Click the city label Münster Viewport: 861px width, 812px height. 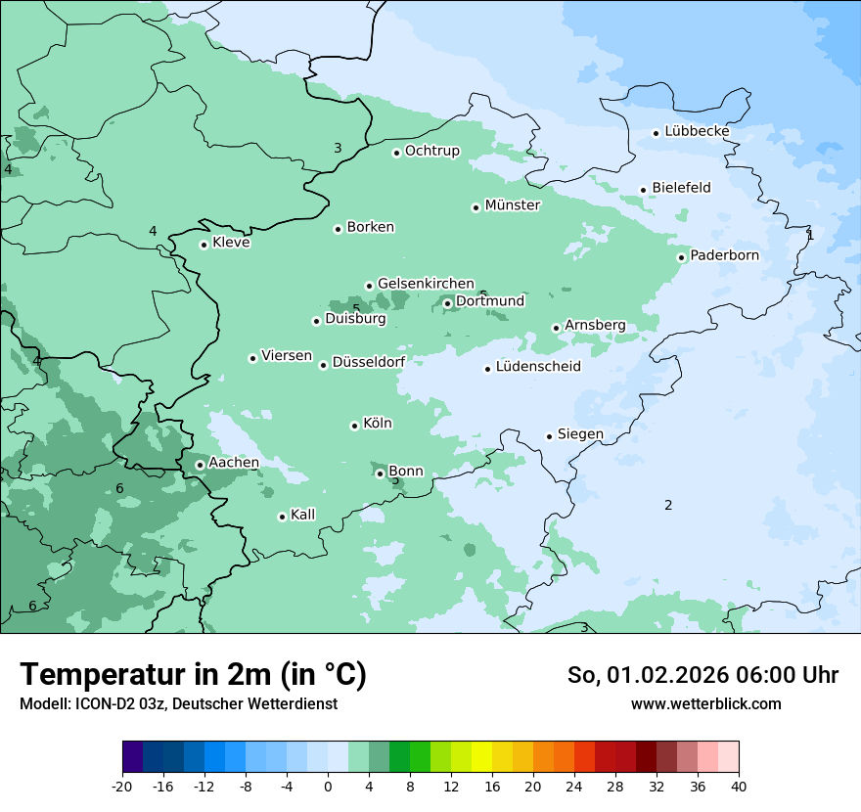coord(512,205)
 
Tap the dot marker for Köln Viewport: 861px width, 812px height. coord(354,426)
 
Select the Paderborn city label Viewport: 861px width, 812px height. coord(724,255)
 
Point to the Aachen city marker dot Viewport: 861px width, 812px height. coord(200,466)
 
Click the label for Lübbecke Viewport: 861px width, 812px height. coord(697,131)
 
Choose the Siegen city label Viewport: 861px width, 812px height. coord(580,434)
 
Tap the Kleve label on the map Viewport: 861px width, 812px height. coord(231,243)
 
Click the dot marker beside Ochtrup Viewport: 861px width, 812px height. coord(396,153)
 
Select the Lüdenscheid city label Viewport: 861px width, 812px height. coord(538,367)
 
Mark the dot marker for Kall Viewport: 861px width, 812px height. coord(282,518)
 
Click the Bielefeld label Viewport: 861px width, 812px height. coord(681,188)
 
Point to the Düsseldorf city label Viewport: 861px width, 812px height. coord(369,363)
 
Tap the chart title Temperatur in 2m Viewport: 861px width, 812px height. coord(193,675)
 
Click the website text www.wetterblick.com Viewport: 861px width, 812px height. coord(705,704)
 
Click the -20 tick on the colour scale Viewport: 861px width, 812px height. coord(122,785)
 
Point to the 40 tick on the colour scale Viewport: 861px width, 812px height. coord(738,785)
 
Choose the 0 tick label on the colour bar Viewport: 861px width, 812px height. coord(328,785)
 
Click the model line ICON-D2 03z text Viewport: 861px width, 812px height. coord(178,704)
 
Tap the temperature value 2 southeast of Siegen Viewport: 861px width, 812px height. coord(668,506)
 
